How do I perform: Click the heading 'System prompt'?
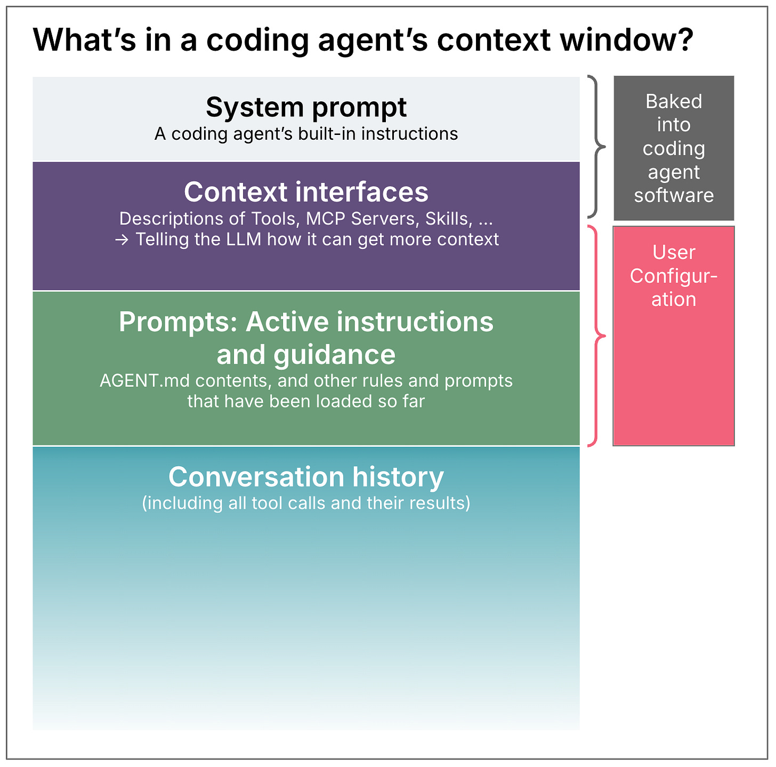(x=306, y=107)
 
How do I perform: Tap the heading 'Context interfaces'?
(x=306, y=192)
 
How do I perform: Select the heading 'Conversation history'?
(x=306, y=477)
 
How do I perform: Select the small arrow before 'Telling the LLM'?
(x=122, y=240)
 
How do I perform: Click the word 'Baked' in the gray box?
(x=674, y=101)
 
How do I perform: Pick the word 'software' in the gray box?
(x=674, y=195)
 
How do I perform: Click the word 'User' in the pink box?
(x=674, y=252)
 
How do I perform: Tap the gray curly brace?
(x=597, y=146)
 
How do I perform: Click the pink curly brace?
(x=597, y=336)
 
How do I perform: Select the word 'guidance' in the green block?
(x=334, y=355)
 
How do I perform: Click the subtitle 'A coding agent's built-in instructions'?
(x=306, y=133)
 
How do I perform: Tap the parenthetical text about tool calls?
(x=306, y=503)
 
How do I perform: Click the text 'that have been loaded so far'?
(x=306, y=401)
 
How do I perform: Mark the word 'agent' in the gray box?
(x=674, y=172)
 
